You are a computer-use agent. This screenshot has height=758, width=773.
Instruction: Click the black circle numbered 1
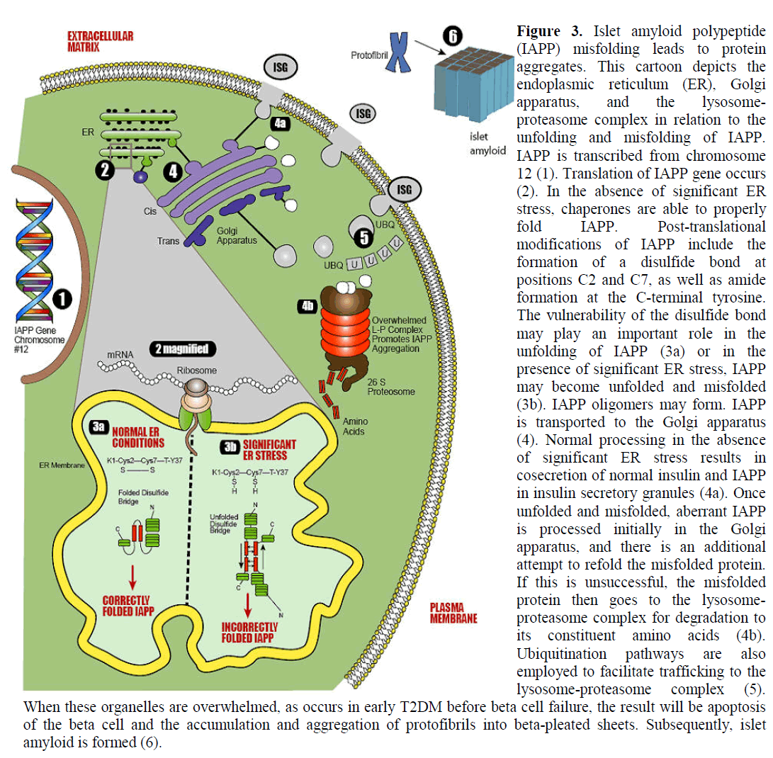click(62, 300)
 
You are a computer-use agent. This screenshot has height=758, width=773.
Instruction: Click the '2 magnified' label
click(183, 349)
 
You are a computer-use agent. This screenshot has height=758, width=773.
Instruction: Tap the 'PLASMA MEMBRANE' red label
click(453, 612)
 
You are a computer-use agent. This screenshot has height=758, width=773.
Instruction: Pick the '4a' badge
click(280, 122)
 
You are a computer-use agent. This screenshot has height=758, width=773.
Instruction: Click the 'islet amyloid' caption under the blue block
click(488, 144)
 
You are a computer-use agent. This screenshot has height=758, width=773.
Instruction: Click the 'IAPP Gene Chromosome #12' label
click(40, 339)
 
